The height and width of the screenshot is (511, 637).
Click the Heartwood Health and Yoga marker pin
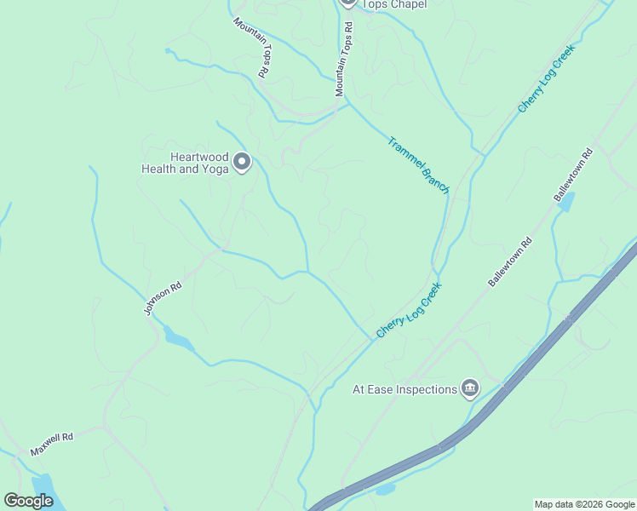pyautogui.click(x=242, y=161)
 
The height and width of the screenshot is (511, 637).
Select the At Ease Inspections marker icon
pyautogui.click(x=469, y=389)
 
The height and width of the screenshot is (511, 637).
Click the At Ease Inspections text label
pyautogui.click(x=405, y=390)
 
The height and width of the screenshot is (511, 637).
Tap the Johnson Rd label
pyautogui.click(x=164, y=300)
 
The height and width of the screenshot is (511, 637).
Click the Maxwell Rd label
pyautogui.click(x=52, y=444)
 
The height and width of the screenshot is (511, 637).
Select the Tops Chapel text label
pyautogui.click(x=394, y=4)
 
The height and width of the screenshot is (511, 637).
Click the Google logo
pyautogui.click(x=28, y=501)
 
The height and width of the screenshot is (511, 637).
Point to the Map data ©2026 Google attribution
pyautogui.click(x=584, y=504)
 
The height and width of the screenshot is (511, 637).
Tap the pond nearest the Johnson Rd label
pyautogui.click(x=179, y=340)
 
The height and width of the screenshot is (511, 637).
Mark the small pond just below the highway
pyautogui.click(x=385, y=490)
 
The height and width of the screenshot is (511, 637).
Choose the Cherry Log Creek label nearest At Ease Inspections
pyautogui.click(x=408, y=310)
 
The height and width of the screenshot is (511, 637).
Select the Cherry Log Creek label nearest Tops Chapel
pyautogui.click(x=547, y=78)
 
